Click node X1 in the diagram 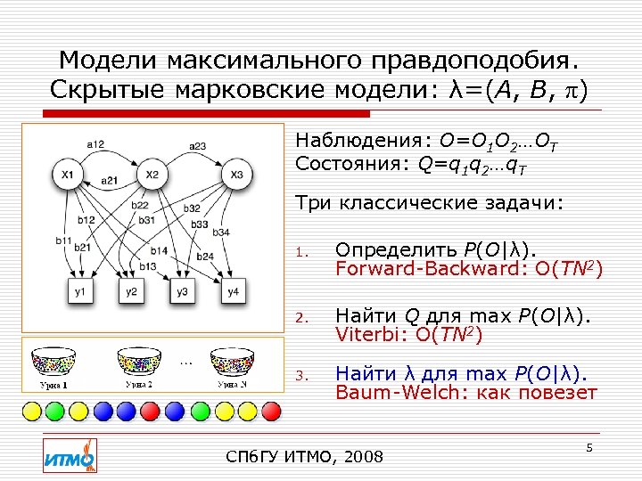68,175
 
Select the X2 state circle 152,174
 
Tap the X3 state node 235,174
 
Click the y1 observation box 81,292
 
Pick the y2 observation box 131,292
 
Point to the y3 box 182,292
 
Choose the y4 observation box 233,292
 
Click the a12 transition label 96,145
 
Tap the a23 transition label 197,145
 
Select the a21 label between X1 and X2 110,180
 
